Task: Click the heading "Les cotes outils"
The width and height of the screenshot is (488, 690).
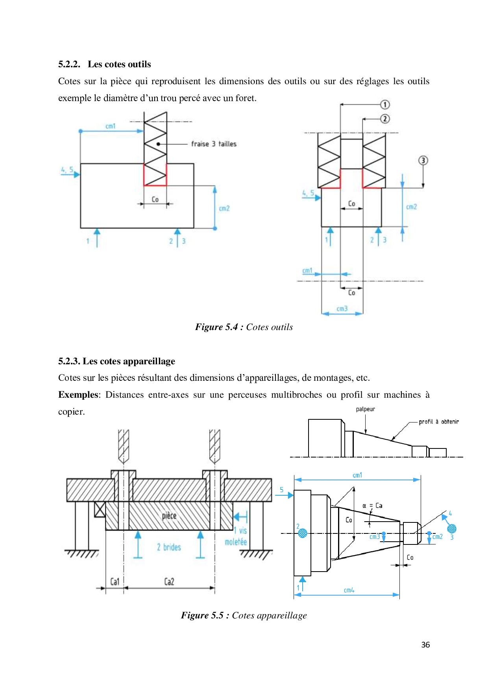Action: point(119,64)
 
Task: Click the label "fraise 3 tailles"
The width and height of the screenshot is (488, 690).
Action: point(214,144)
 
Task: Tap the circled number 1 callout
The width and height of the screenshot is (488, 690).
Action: point(384,105)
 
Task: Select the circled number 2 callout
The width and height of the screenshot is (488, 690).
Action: point(384,119)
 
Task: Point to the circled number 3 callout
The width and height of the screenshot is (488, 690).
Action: point(423,161)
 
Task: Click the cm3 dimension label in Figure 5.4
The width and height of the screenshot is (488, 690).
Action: point(342,309)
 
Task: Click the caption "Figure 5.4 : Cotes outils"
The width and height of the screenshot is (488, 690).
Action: point(244,327)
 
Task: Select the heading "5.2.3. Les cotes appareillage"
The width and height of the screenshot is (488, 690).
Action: point(116,361)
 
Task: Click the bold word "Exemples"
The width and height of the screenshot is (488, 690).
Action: point(78,395)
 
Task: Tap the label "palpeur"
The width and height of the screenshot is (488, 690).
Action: point(365,409)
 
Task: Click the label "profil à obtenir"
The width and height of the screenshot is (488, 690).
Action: point(438,422)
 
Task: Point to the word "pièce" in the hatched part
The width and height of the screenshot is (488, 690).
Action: point(169,516)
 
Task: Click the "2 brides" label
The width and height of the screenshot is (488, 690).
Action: point(169,547)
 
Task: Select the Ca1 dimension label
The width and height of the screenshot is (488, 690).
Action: point(115,581)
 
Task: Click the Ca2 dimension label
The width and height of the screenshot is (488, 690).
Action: point(169,581)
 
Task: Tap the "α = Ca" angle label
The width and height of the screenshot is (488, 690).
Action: point(372,506)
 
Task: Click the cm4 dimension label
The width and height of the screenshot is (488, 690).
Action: point(349,590)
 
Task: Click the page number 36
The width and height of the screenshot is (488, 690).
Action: point(425,645)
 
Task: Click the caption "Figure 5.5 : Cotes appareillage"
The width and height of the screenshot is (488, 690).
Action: point(244,615)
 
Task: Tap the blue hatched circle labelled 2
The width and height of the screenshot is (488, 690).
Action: point(303,533)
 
